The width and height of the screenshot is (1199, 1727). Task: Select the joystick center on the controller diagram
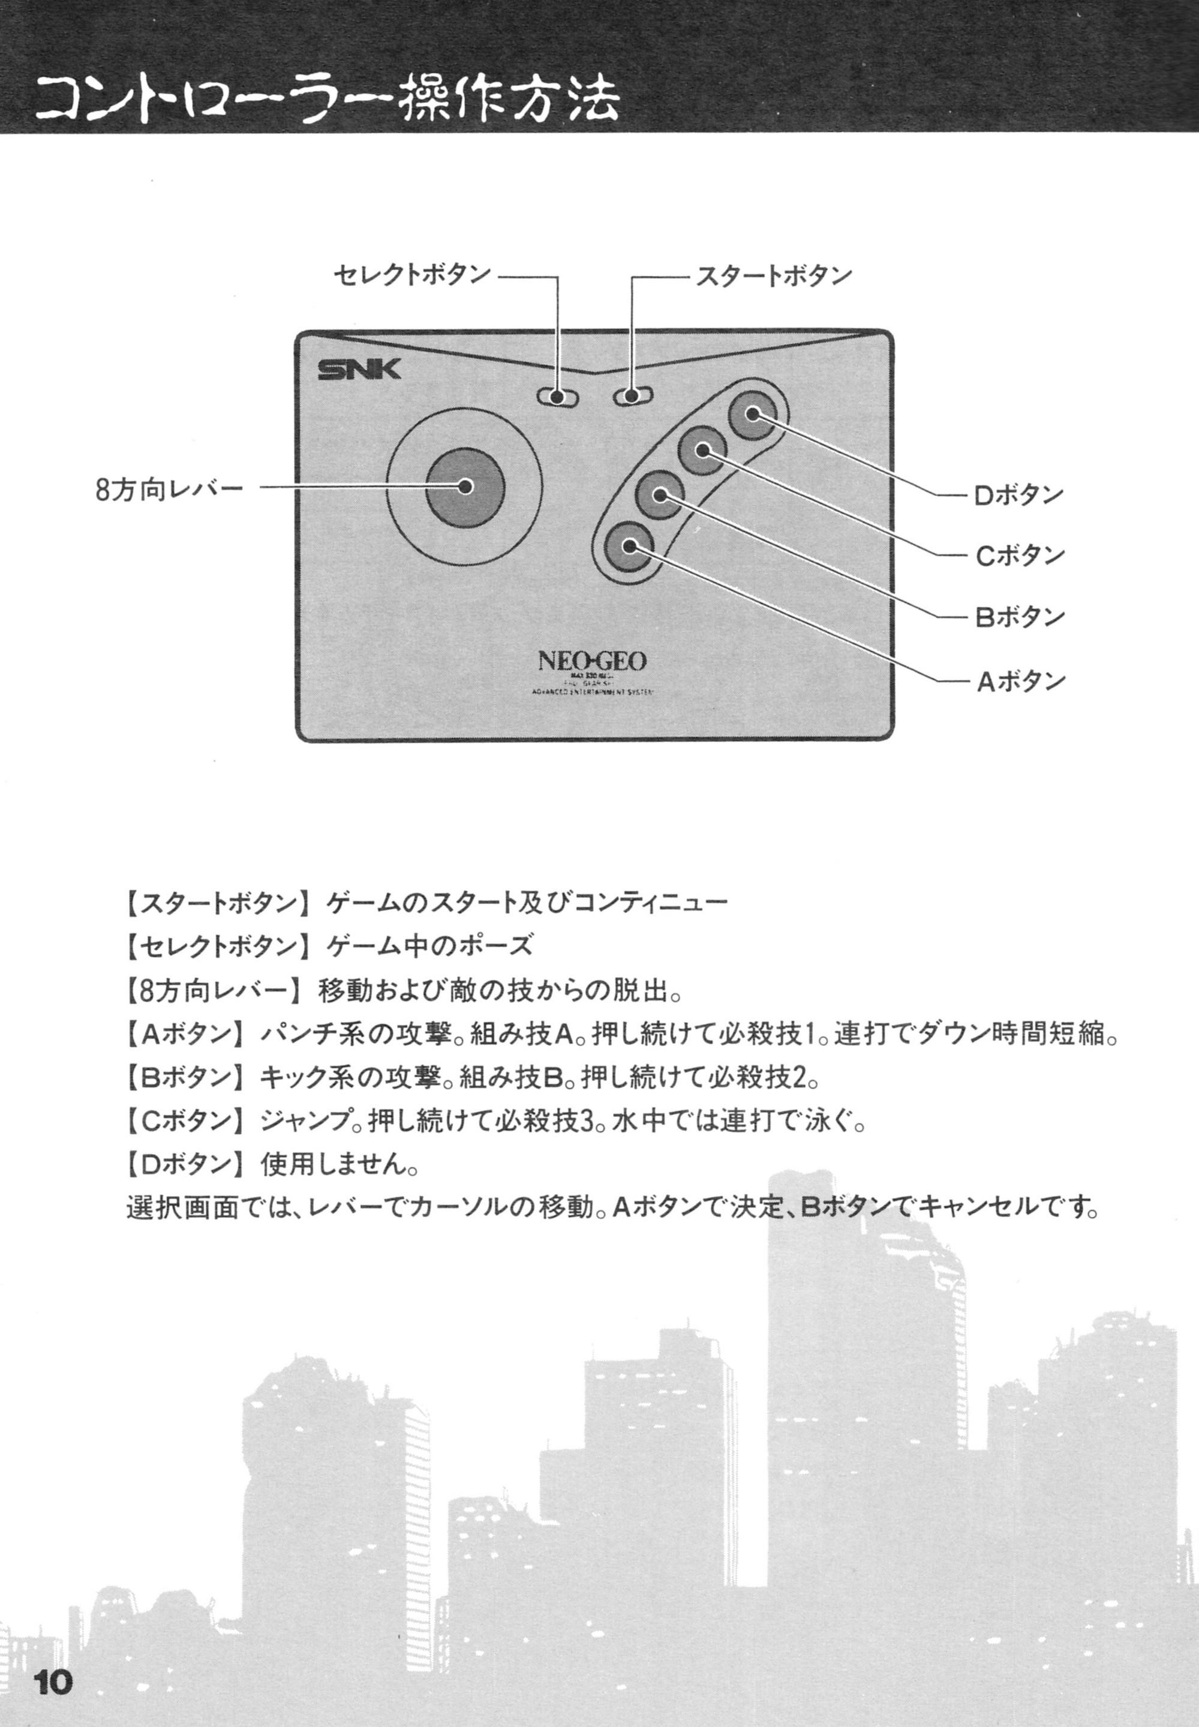pos(464,486)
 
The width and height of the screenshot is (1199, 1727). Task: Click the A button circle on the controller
pos(628,548)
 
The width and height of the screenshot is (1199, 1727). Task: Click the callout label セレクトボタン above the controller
pos(411,275)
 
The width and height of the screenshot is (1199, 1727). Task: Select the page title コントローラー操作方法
pos(327,101)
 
